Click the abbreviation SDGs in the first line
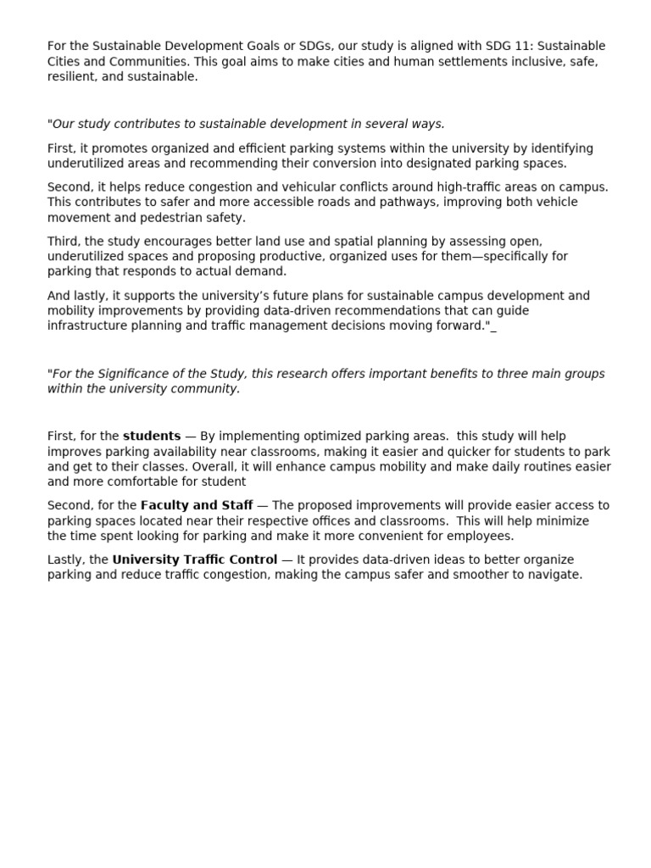click(314, 46)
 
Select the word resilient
click(71, 76)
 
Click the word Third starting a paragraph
click(64, 242)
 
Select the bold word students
click(152, 437)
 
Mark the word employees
click(483, 537)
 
